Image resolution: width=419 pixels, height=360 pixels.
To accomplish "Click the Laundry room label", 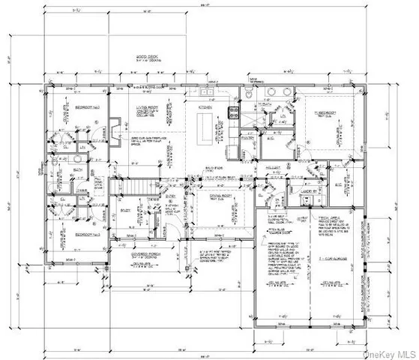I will (310, 190).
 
